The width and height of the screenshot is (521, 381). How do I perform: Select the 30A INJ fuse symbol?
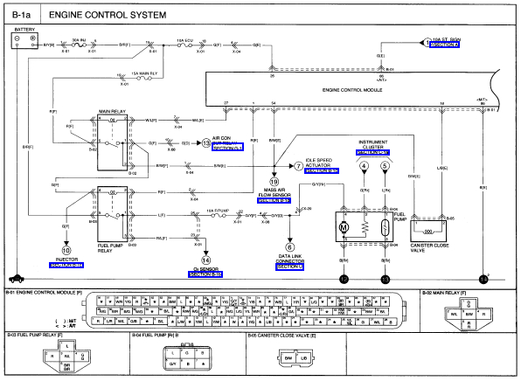coord(78,44)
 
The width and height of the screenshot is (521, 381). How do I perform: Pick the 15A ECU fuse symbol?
coord(184,44)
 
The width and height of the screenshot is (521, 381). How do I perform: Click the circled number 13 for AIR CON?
coord(207,141)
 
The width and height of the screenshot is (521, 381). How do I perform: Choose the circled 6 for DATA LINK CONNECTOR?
coord(288,246)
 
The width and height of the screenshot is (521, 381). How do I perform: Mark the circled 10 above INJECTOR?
coord(65,250)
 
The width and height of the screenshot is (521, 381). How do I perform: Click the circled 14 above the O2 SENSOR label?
coord(206,260)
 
